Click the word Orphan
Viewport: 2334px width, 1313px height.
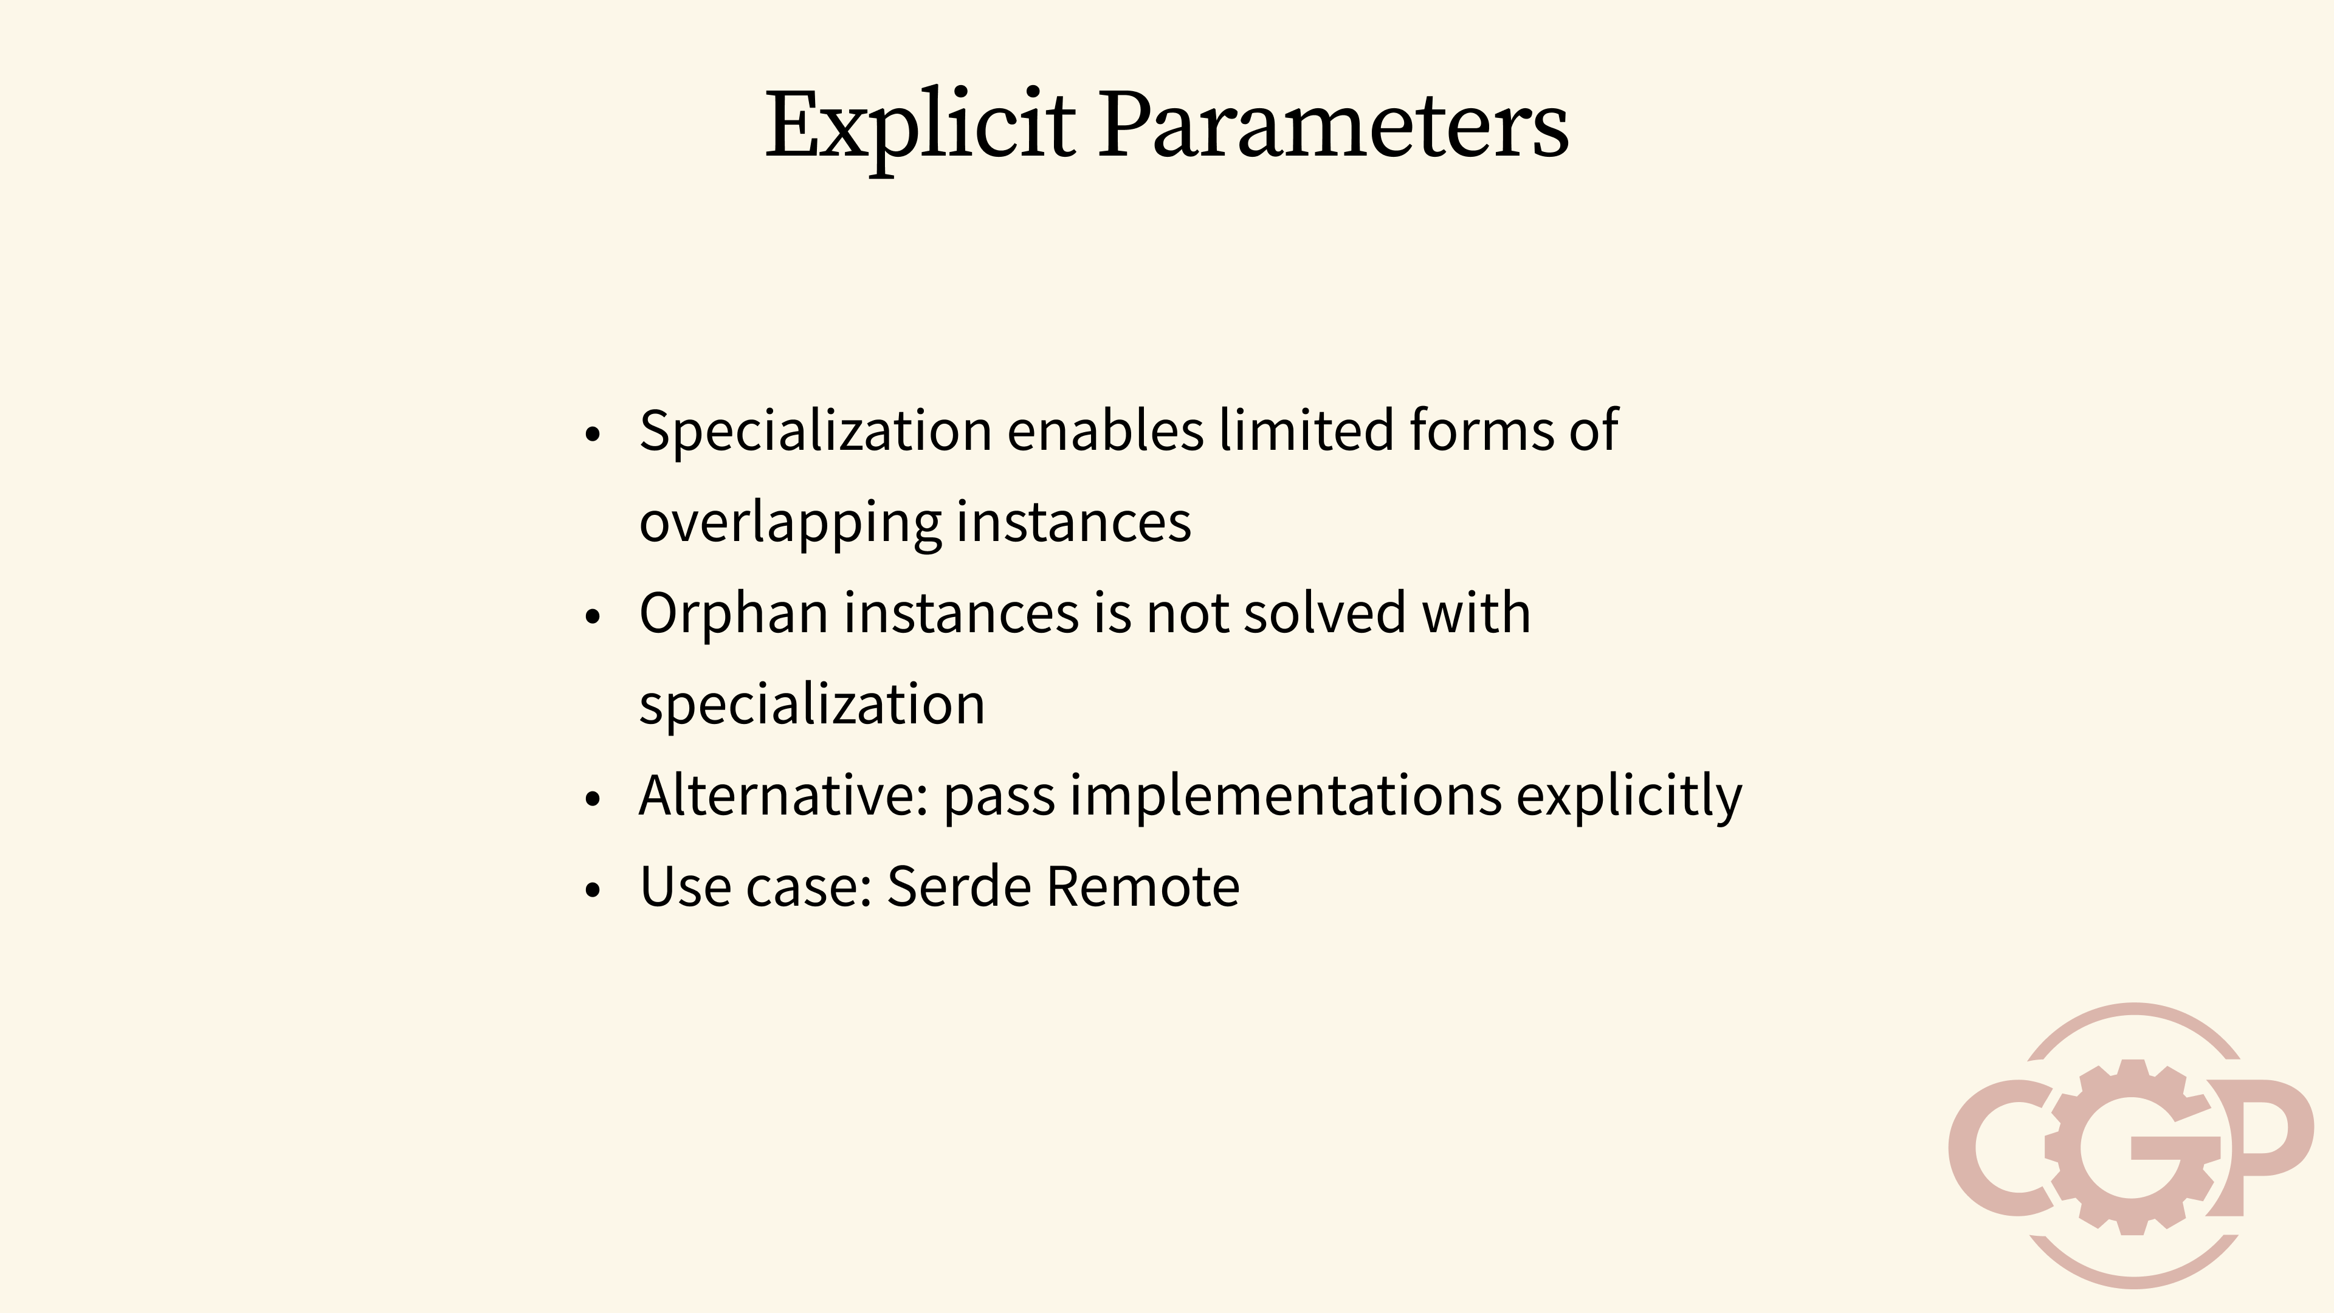point(733,613)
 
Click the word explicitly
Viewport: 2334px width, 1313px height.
point(1628,796)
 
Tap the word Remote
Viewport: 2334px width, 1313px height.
point(1143,886)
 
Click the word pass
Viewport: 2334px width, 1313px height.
point(999,796)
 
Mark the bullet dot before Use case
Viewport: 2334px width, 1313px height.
point(593,890)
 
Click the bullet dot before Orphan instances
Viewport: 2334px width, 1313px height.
point(593,617)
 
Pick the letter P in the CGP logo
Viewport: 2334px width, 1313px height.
point(2260,1142)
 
